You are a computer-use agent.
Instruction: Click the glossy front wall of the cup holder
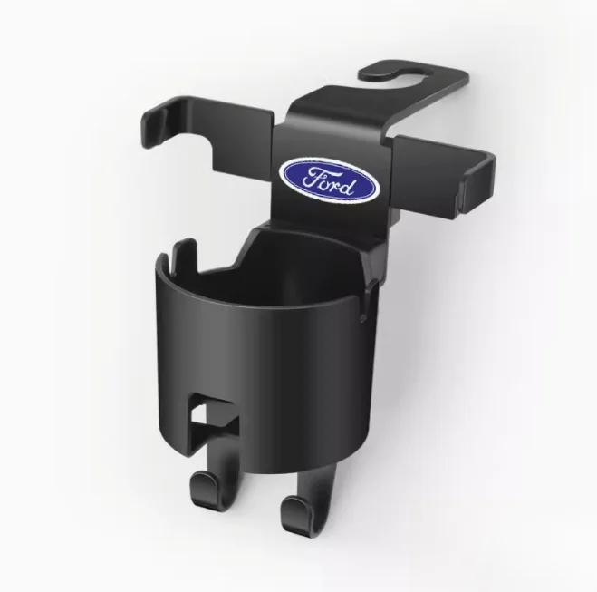click(263, 363)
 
